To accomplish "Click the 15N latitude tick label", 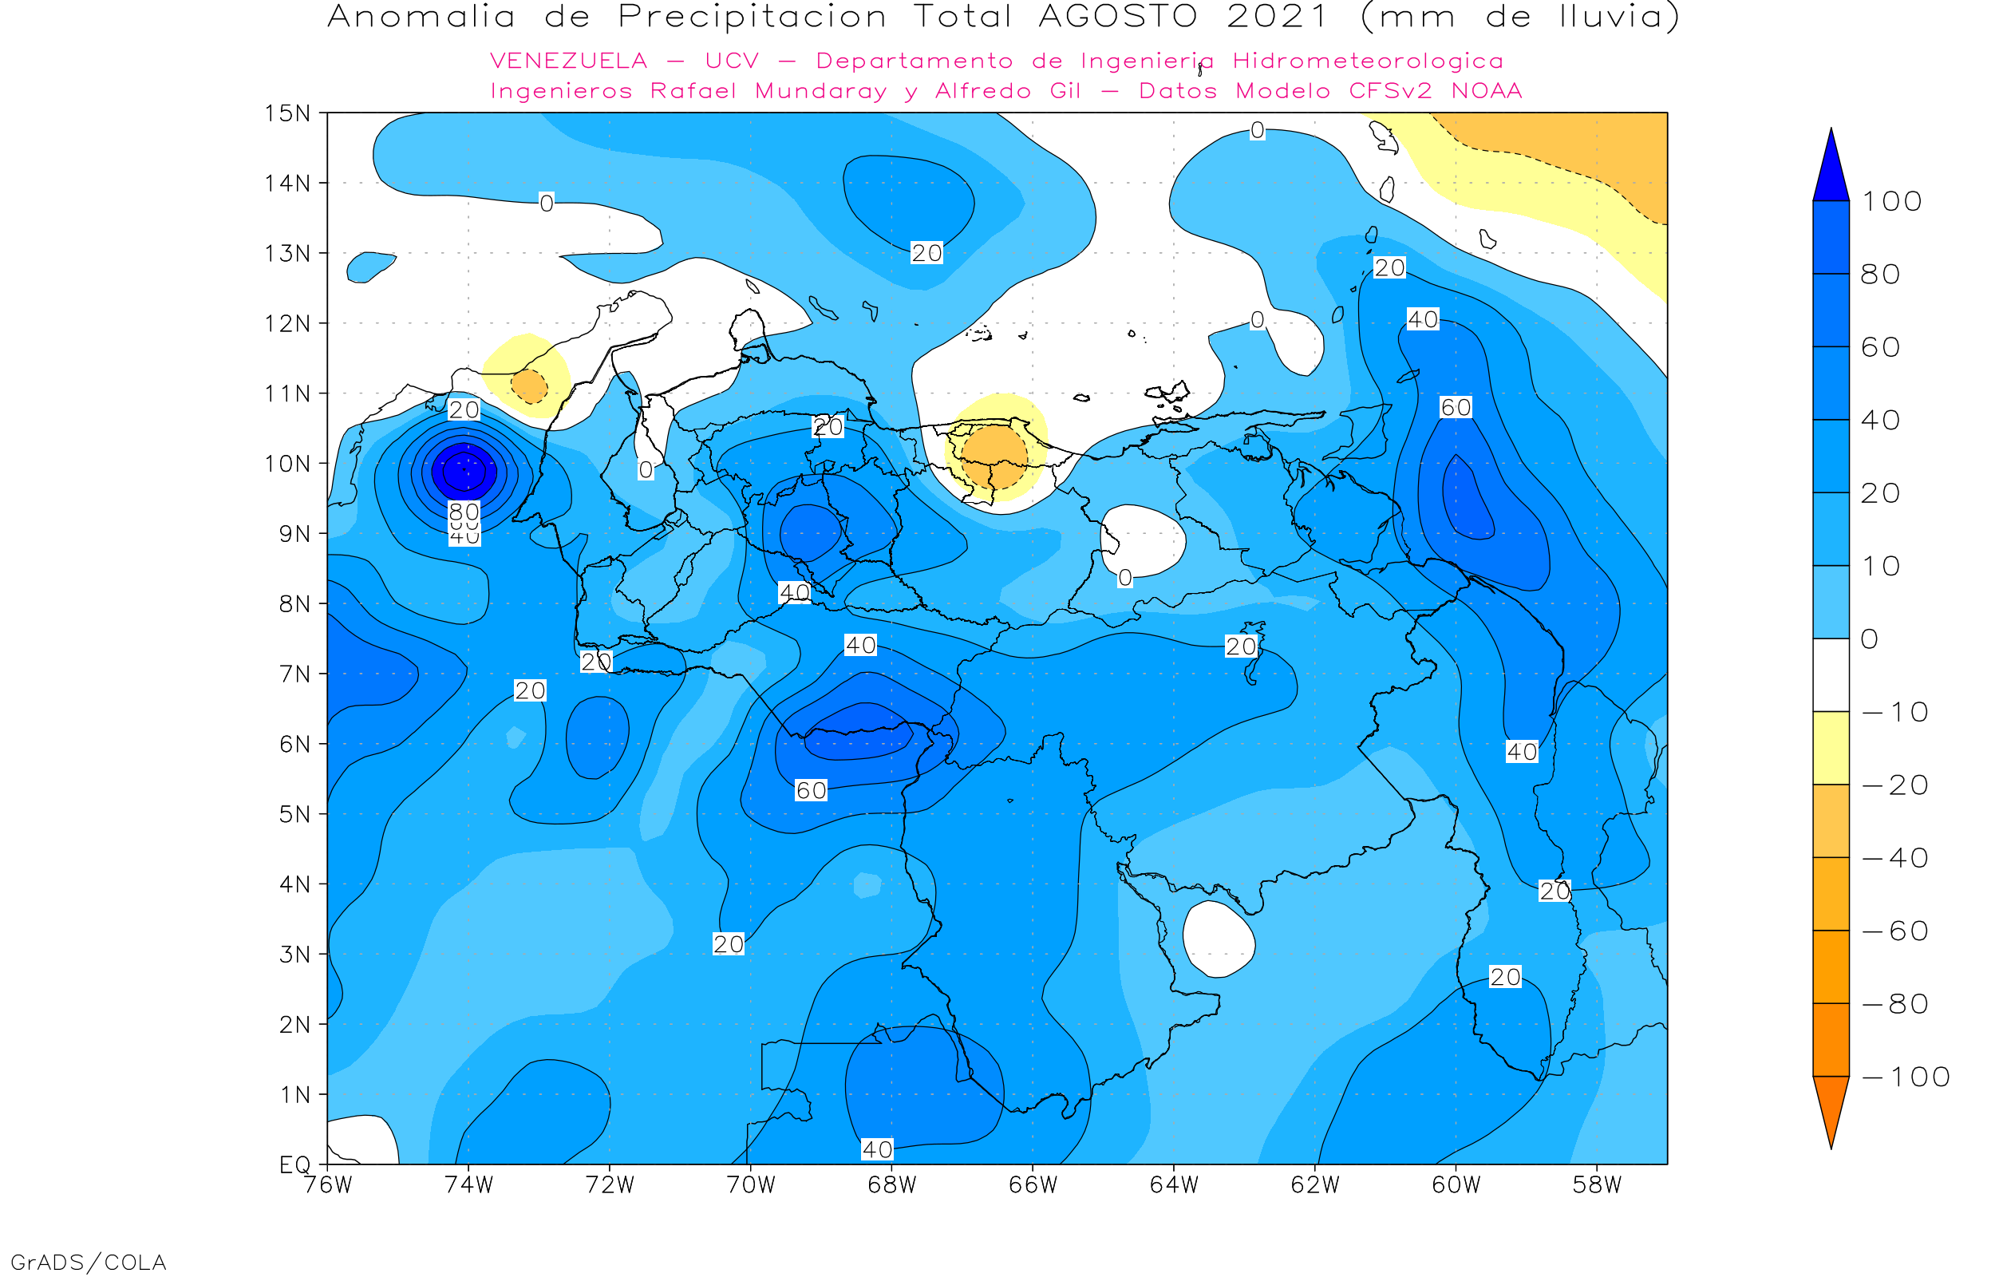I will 286,113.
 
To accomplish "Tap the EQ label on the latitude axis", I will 295,1164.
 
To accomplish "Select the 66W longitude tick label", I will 1033,1186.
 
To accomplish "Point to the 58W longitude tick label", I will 1597,1186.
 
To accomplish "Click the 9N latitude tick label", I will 295,533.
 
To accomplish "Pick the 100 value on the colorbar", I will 1892,201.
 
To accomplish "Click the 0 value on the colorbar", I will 1870,639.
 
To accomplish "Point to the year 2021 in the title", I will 1278,17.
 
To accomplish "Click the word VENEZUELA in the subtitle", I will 569,61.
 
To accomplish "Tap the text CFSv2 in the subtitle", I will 1391,91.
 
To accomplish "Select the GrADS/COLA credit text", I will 89,1263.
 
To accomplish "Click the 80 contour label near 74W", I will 464,512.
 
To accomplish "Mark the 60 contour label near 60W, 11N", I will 1456,407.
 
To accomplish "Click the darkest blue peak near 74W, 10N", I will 464,471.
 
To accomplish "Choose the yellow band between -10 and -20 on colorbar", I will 1831,748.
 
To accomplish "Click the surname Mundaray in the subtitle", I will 820,91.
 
